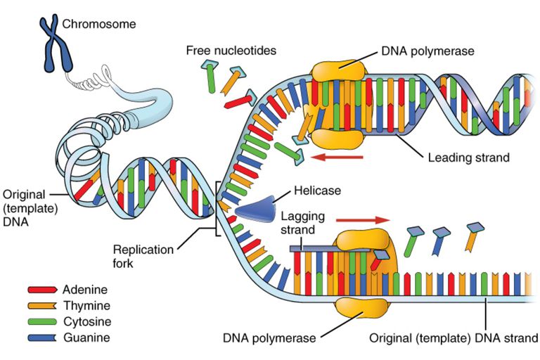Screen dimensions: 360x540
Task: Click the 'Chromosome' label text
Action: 99,25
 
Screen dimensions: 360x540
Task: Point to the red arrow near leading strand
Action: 337,157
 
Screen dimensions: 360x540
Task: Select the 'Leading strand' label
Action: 468,157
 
